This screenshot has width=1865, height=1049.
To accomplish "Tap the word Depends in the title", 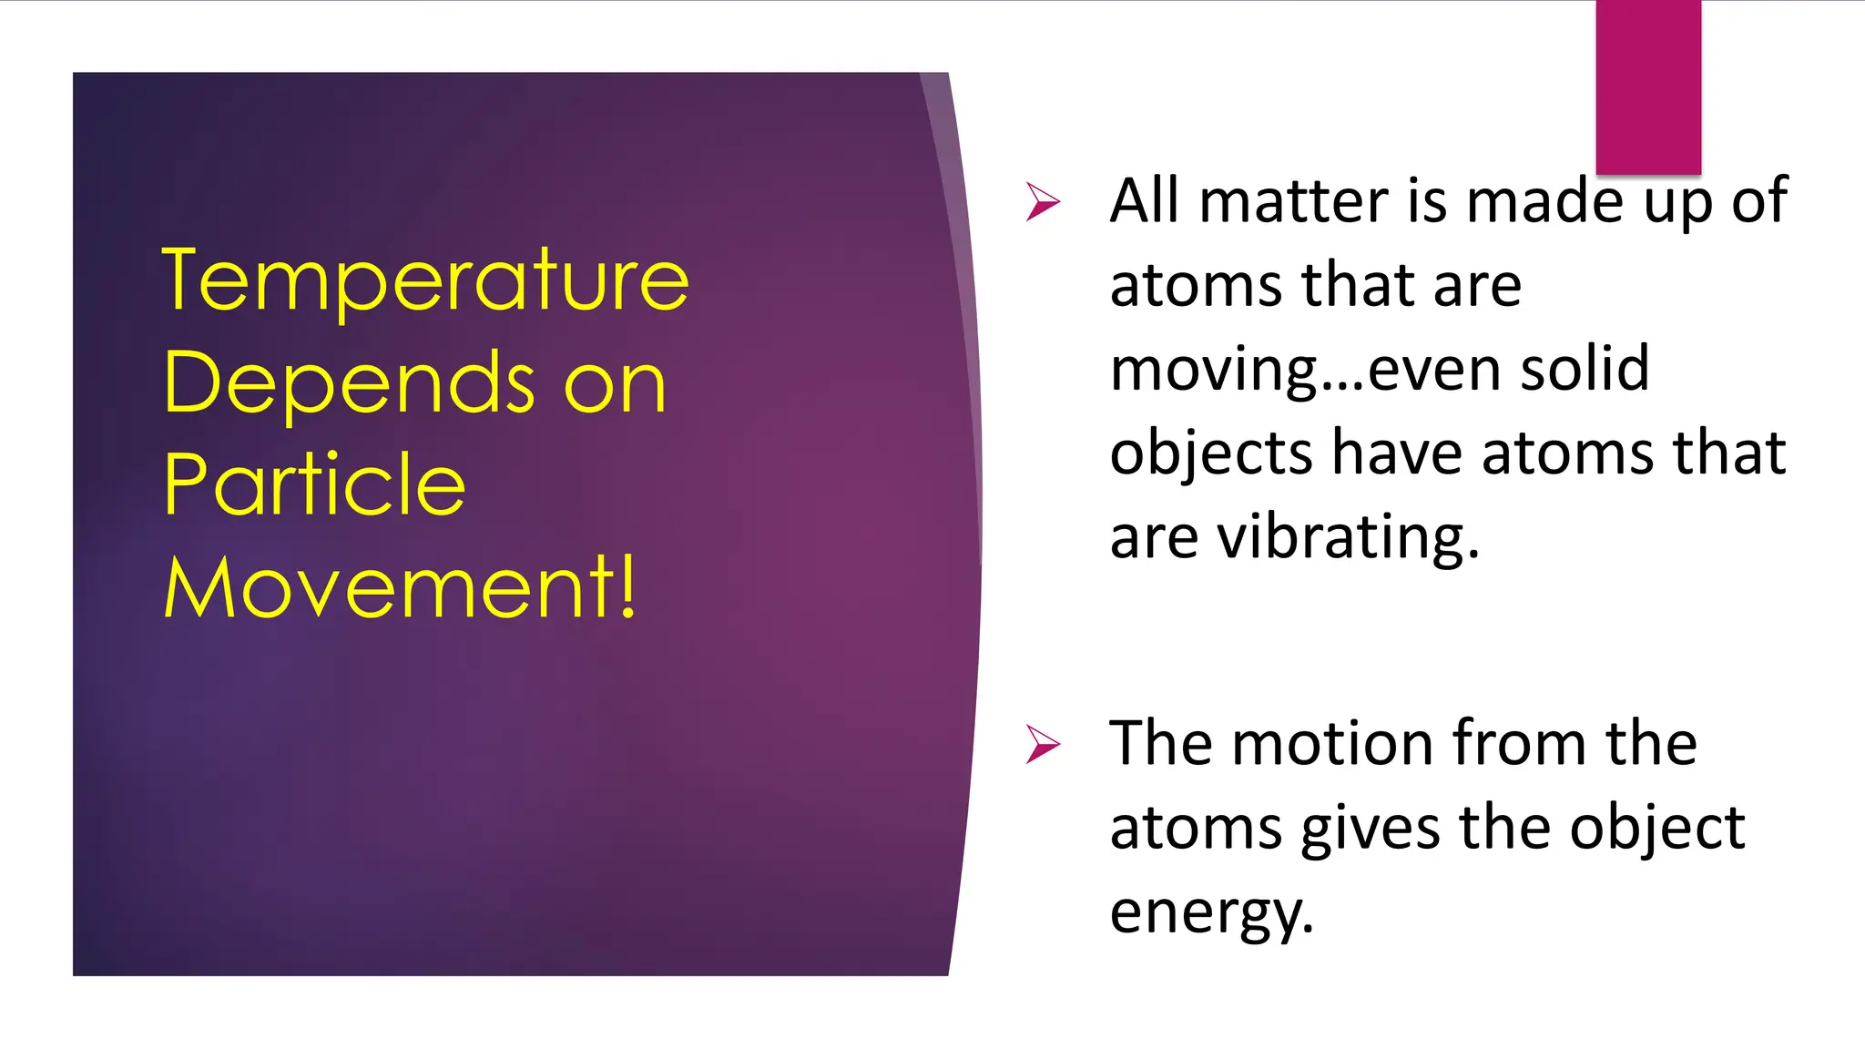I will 350,383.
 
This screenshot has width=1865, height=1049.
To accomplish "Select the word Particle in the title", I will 314,484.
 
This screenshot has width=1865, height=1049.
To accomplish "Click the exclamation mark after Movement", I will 627,587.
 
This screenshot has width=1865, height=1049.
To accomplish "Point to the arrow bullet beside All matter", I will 1043,201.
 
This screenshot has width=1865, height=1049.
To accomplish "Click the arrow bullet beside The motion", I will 1043,744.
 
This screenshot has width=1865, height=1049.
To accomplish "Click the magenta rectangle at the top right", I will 1648,87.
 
